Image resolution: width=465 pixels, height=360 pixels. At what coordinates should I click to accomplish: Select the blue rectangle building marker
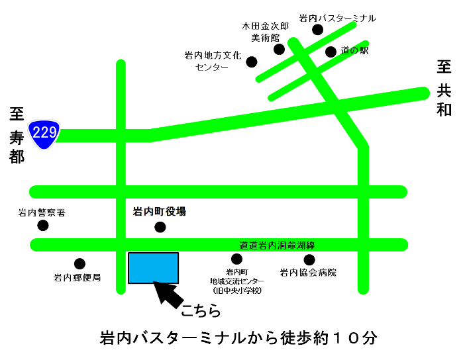coord(153,268)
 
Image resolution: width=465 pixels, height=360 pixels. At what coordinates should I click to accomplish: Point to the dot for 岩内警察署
coord(43,226)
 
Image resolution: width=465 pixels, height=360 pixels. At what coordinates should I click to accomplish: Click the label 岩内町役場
coord(159,212)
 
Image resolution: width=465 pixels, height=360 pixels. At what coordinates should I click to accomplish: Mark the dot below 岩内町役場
coord(160,228)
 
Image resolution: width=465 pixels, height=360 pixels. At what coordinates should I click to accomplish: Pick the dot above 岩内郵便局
coord(79,264)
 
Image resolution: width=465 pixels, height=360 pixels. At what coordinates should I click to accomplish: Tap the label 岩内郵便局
coord(77,277)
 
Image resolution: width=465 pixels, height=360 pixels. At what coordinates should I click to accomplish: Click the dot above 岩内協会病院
coord(309,259)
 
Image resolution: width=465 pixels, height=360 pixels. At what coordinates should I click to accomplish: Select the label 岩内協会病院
coord(308,272)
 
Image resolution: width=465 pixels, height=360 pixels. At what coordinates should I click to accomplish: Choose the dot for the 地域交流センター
coord(236,259)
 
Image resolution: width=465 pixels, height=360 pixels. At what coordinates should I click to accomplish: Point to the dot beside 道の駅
coord(331,52)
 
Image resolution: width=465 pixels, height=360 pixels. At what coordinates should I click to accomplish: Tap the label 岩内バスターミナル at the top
coord(337,19)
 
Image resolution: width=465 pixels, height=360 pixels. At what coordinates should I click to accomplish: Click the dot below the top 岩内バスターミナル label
coord(318,30)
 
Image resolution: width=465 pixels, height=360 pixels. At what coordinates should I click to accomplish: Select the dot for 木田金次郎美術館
coord(279,50)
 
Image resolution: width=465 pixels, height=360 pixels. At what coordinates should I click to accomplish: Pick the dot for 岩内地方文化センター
coord(252,62)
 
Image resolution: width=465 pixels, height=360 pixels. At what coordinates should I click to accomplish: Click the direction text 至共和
coord(444,88)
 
